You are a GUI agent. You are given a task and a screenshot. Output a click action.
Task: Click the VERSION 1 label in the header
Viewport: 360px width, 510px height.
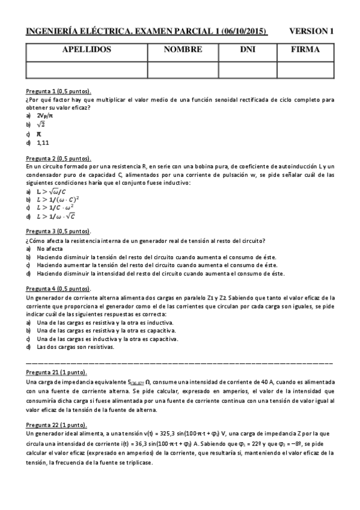click(x=311, y=31)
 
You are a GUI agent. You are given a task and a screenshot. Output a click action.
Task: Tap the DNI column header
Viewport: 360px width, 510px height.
click(x=248, y=50)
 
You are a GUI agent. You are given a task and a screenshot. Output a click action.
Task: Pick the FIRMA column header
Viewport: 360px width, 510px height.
click(x=305, y=50)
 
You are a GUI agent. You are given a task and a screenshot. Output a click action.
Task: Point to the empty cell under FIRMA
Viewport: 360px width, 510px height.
click(x=305, y=69)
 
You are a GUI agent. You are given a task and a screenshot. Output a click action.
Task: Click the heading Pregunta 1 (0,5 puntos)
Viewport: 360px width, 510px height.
click(x=58, y=91)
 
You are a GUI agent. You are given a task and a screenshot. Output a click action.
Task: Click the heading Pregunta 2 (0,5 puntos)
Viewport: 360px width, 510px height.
click(x=58, y=158)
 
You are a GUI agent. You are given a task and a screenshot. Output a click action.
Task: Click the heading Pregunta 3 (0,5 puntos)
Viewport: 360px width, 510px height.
click(x=58, y=231)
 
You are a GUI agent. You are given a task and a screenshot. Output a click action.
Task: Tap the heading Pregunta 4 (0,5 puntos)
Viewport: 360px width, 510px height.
click(x=58, y=289)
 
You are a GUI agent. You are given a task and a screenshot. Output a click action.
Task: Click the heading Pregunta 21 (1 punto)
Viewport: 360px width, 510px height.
click(x=58, y=373)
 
